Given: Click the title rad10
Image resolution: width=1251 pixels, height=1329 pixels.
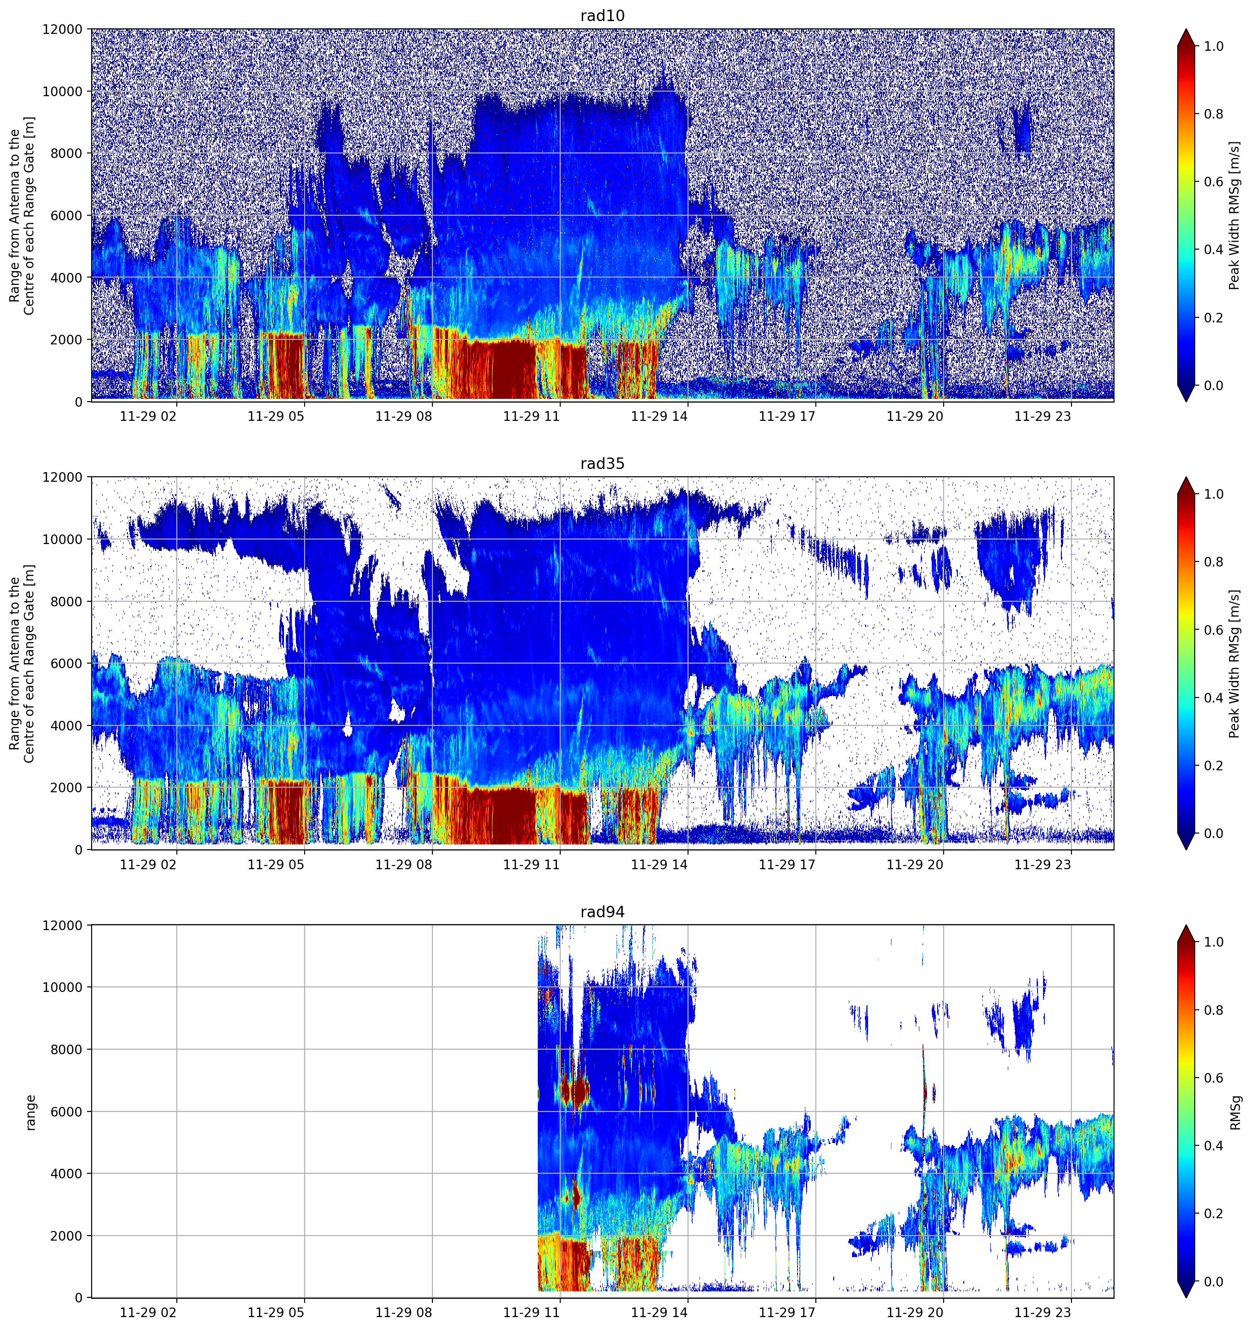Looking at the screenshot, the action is (x=602, y=16).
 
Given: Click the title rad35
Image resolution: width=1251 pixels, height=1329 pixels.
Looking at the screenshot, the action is (x=602, y=463).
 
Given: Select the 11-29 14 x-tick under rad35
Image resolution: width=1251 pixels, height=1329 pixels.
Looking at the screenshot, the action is (x=659, y=864).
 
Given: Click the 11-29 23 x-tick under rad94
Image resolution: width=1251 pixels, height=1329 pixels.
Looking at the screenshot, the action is (x=1043, y=1313).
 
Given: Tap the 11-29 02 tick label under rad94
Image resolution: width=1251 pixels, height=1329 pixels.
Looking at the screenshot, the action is (x=148, y=1313).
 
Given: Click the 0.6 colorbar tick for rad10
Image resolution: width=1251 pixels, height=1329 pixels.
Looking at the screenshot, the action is (x=1213, y=182).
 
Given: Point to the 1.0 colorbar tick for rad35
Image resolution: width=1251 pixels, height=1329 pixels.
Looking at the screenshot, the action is (x=1213, y=494).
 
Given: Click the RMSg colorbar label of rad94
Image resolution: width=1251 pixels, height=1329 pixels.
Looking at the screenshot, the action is (x=1235, y=1112).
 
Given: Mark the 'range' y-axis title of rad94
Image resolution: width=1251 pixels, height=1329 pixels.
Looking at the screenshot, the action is (x=31, y=1112).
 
